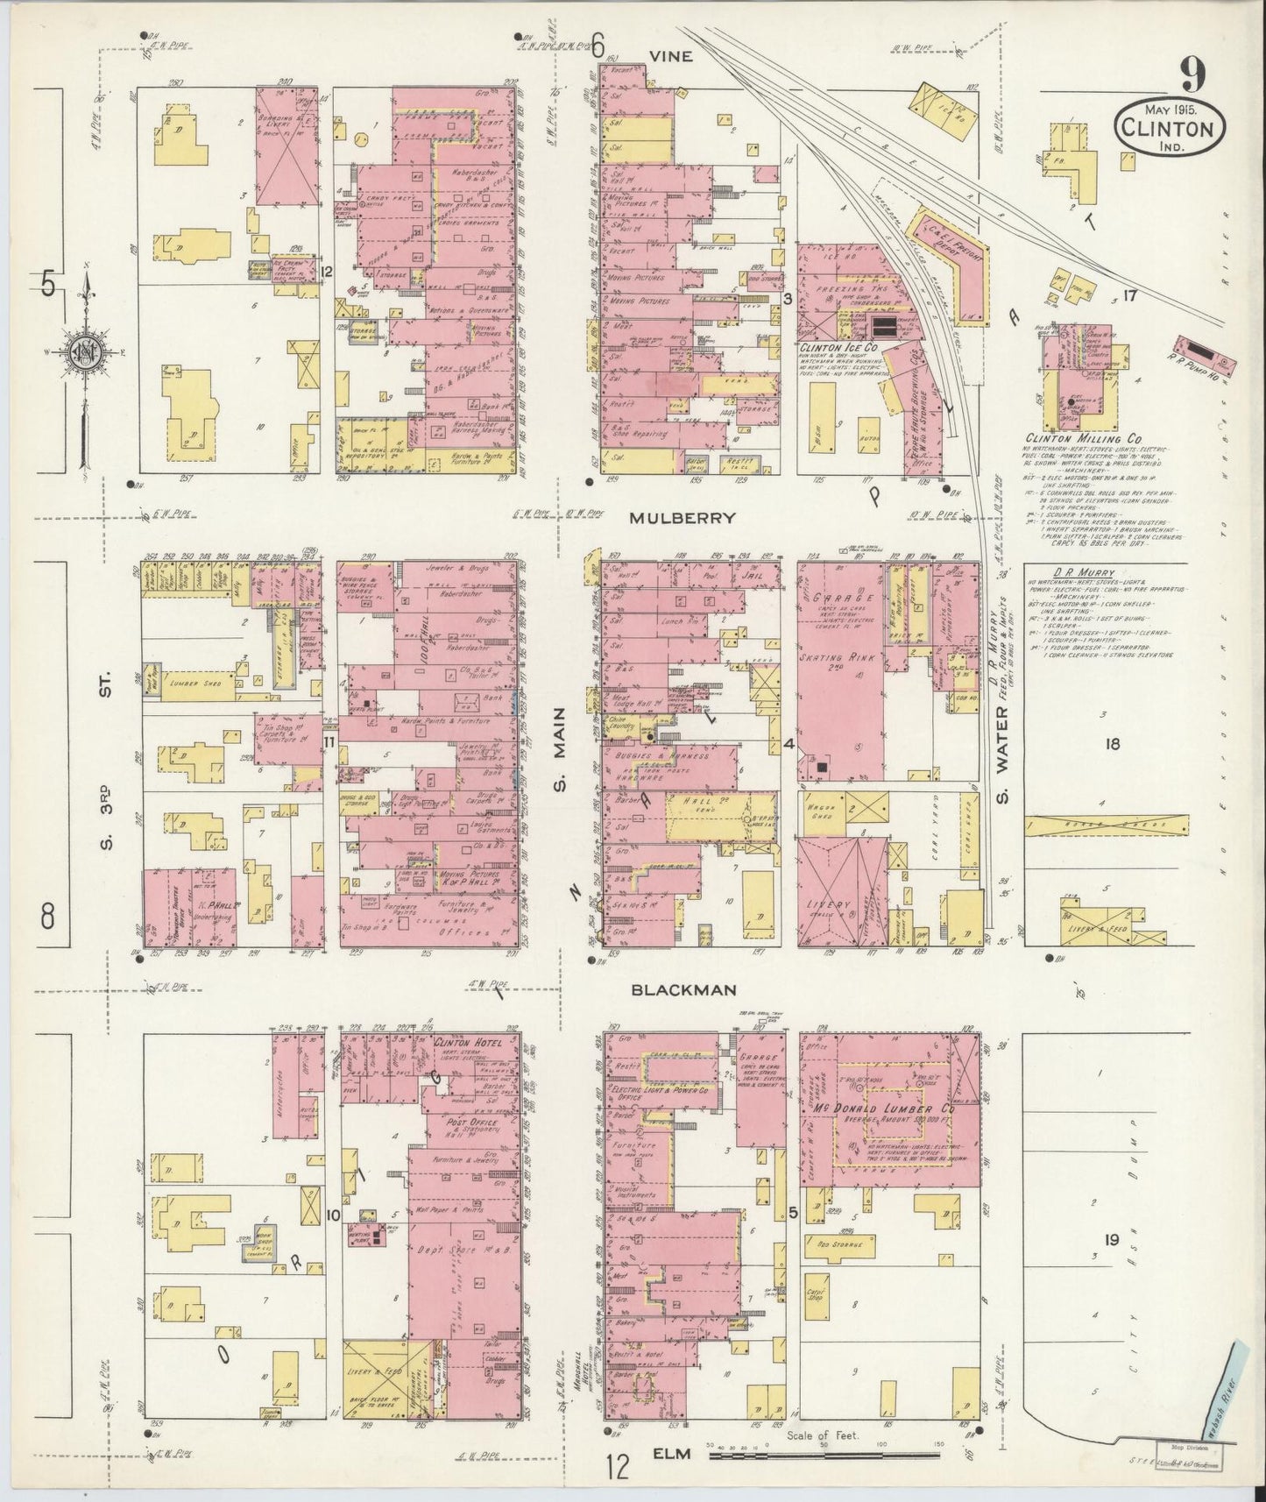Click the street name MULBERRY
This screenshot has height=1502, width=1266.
tap(682, 518)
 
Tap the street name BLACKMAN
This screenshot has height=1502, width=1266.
tap(681, 989)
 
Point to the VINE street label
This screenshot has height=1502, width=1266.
tap(670, 56)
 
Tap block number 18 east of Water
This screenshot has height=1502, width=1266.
tap(1112, 745)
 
